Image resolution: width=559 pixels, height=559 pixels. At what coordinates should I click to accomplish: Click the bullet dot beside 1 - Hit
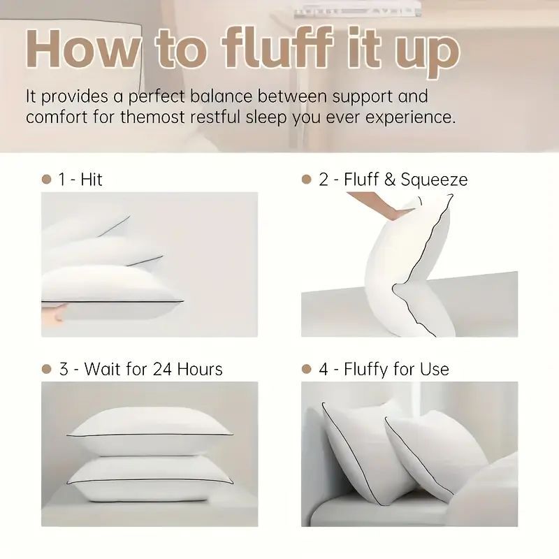point(47,180)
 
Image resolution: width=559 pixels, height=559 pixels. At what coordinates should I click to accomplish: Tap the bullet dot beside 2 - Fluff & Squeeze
point(306,180)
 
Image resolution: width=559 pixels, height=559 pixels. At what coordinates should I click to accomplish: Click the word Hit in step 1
point(91,180)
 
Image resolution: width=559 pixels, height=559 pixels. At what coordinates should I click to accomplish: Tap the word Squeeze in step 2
point(434,180)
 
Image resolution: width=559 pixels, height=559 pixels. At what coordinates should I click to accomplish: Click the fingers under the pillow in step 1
point(52,313)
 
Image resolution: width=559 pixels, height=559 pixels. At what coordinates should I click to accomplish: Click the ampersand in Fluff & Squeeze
point(390,180)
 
